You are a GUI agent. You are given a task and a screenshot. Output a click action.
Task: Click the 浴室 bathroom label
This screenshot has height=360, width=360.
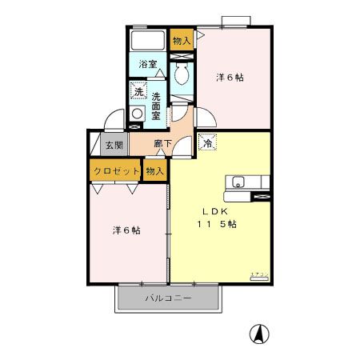(146, 64)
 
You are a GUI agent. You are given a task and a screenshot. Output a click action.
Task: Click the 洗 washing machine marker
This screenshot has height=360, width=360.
(138, 92)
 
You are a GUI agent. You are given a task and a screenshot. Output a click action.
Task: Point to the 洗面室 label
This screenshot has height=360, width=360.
(157, 105)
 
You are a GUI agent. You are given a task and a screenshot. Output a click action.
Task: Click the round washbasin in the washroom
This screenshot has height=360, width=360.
(138, 114)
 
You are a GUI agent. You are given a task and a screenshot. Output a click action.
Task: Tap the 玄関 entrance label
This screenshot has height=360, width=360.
(113, 146)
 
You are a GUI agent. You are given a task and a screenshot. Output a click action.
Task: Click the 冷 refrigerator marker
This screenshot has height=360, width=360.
(207, 143)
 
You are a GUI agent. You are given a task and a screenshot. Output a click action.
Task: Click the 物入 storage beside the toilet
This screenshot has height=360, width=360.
(182, 40)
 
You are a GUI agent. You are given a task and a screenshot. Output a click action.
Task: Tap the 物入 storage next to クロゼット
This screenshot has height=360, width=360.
(155, 171)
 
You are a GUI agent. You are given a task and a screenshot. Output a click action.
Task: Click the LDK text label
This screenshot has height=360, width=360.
(216, 211)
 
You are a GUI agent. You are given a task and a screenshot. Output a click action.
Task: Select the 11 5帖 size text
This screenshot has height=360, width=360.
(217, 224)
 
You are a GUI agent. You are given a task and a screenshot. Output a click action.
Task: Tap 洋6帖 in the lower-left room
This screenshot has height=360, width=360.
(126, 230)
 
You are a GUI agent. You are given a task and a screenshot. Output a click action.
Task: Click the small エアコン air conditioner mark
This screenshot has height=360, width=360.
(259, 274)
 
